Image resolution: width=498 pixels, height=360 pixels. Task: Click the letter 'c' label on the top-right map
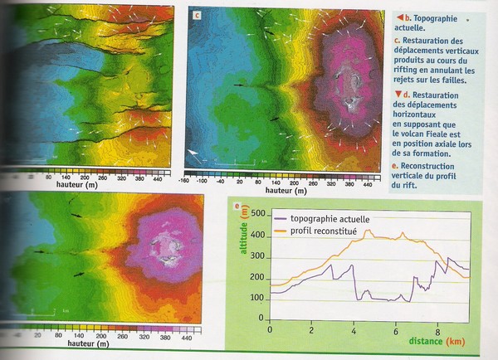point(197,15)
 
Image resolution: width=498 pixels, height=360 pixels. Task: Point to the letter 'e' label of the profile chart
point(238,204)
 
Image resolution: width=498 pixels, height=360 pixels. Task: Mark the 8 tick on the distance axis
point(438,331)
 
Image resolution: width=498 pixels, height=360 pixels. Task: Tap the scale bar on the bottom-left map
point(41,312)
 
